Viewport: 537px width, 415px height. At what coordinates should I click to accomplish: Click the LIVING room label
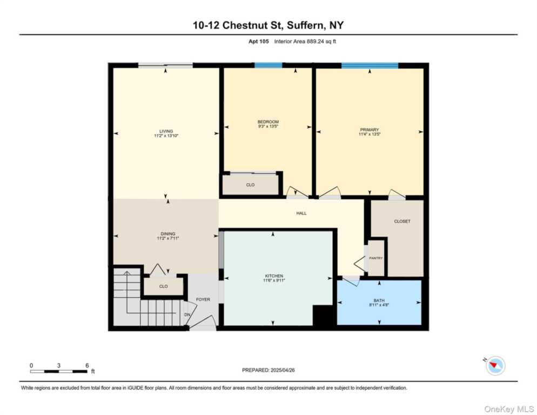coord(166,131)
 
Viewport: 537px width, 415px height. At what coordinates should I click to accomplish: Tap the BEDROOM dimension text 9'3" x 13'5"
coord(268,126)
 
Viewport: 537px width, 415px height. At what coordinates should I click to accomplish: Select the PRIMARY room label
coord(370,130)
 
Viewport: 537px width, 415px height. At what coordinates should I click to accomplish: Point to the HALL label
coord(301,213)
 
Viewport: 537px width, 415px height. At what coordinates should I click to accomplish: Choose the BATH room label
coord(379,300)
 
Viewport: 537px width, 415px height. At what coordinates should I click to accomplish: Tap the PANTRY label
coord(376,258)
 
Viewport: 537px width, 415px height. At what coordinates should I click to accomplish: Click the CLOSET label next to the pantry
coord(402,221)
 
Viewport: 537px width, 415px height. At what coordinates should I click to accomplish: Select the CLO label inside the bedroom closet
coord(250,185)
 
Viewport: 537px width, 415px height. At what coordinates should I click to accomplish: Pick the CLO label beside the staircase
coord(163,286)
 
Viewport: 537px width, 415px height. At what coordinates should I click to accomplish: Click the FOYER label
coord(203,299)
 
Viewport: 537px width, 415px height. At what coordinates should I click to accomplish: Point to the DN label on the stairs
coord(187,314)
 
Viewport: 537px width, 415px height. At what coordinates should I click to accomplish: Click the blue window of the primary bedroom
coord(370,65)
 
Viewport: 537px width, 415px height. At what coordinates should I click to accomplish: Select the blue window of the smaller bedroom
coord(268,65)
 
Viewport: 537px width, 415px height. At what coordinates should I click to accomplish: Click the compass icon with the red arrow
coord(495,366)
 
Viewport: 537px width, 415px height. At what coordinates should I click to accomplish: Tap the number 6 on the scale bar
coord(87,365)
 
